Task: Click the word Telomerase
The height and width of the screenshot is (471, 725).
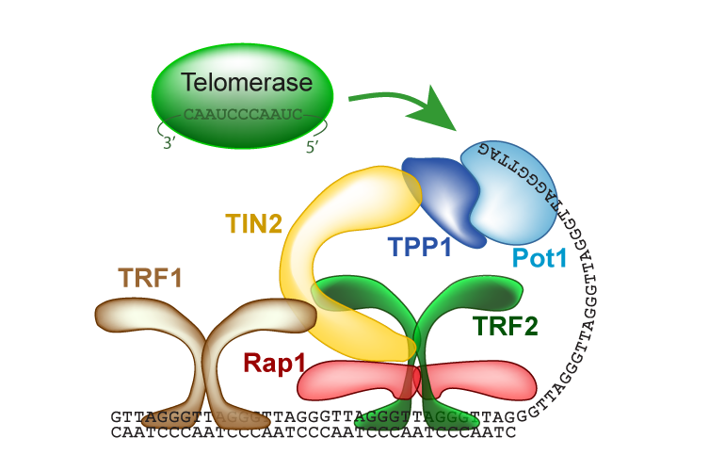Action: (x=247, y=82)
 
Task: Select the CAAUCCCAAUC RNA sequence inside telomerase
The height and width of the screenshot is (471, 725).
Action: (x=243, y=114)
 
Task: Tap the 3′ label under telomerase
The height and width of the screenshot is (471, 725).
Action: (x=169, y=143)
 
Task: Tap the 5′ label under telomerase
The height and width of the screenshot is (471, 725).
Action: (x=312, y=146)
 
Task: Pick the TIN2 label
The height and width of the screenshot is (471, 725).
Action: (x=254, y=223)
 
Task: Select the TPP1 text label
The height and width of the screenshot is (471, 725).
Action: (x=420, y=247)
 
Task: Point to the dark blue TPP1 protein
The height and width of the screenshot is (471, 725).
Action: (x=443, y=199)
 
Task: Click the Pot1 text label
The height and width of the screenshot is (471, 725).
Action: (x=540, y=258)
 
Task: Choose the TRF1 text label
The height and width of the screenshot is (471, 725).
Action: (x=150, y=278)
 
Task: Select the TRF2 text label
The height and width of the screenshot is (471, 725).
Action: (x=505, y=326)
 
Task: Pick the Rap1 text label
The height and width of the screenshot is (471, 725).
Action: (x=274, y=363)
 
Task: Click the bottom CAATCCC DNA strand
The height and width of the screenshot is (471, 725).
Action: (x=313, y=432)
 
